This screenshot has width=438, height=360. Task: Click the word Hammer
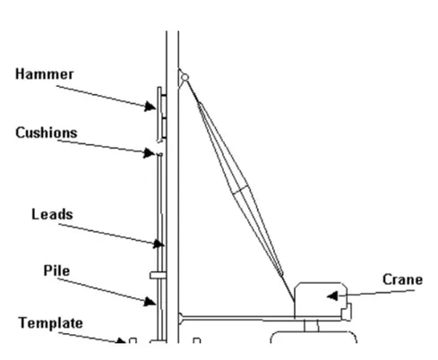(44, 73)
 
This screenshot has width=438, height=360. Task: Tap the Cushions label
(47, 133)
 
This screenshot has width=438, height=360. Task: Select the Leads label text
(52, 214)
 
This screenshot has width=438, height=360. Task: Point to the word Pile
(56, 270)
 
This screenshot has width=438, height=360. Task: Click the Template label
(50, 323)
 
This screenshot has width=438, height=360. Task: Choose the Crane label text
(402, 279)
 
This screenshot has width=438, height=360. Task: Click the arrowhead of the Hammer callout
(150, 107)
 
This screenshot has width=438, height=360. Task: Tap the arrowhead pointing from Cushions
(149, 153)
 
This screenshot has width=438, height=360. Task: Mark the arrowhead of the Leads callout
(159, 244)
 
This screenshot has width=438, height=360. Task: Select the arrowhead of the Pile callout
(150, 301)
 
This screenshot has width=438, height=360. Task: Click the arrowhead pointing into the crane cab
(332, 296)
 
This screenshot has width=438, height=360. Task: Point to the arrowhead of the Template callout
(121, 340)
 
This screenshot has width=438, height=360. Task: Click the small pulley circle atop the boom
(185, 78)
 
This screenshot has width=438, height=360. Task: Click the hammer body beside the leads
(161, 114)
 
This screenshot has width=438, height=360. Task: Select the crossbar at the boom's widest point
(240, 190)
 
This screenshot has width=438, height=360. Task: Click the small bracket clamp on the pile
(158, 275)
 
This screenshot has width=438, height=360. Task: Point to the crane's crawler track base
(313, 338)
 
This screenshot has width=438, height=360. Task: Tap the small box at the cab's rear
(347, 312)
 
